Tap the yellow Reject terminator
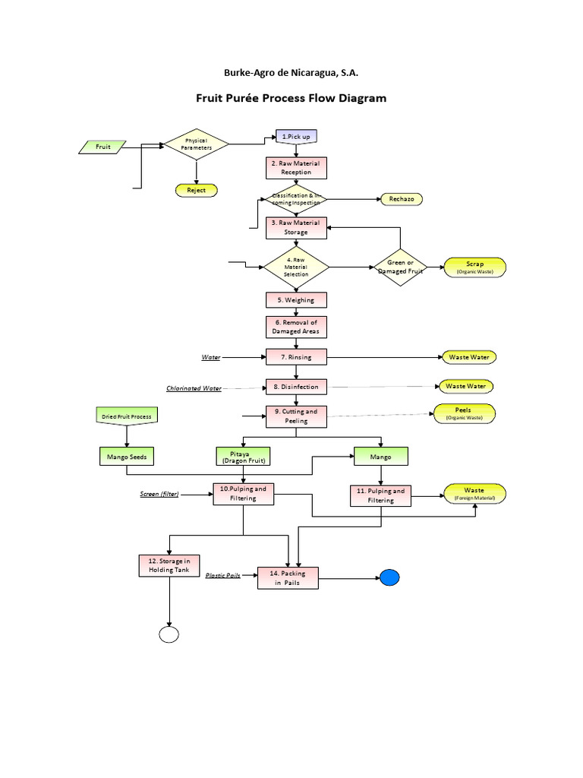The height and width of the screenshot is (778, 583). (x=196, y=190)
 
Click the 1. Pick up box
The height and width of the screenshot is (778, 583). (x=296, y=136)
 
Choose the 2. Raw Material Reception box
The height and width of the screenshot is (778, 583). (x=296, y=168)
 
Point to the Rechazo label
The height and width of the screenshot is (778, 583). (x=401, y=199)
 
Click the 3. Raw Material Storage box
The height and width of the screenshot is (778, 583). (x=296, y=228)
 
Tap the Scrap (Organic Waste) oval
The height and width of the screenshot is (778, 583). (x=474, y=267)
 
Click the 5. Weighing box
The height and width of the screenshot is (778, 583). (x=296, y=300)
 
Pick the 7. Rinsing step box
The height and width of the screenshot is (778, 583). (x=296, y=356)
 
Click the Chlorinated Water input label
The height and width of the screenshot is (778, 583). (x=194, y=388)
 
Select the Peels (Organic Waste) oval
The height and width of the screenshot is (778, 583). (x=463, y=413)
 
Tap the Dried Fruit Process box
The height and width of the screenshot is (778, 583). (x=127, y=416)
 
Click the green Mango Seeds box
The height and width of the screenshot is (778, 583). (x=127, y=457)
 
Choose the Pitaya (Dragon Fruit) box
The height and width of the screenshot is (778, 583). (x=242, y=457)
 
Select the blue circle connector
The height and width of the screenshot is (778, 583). (x=389, y=577)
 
